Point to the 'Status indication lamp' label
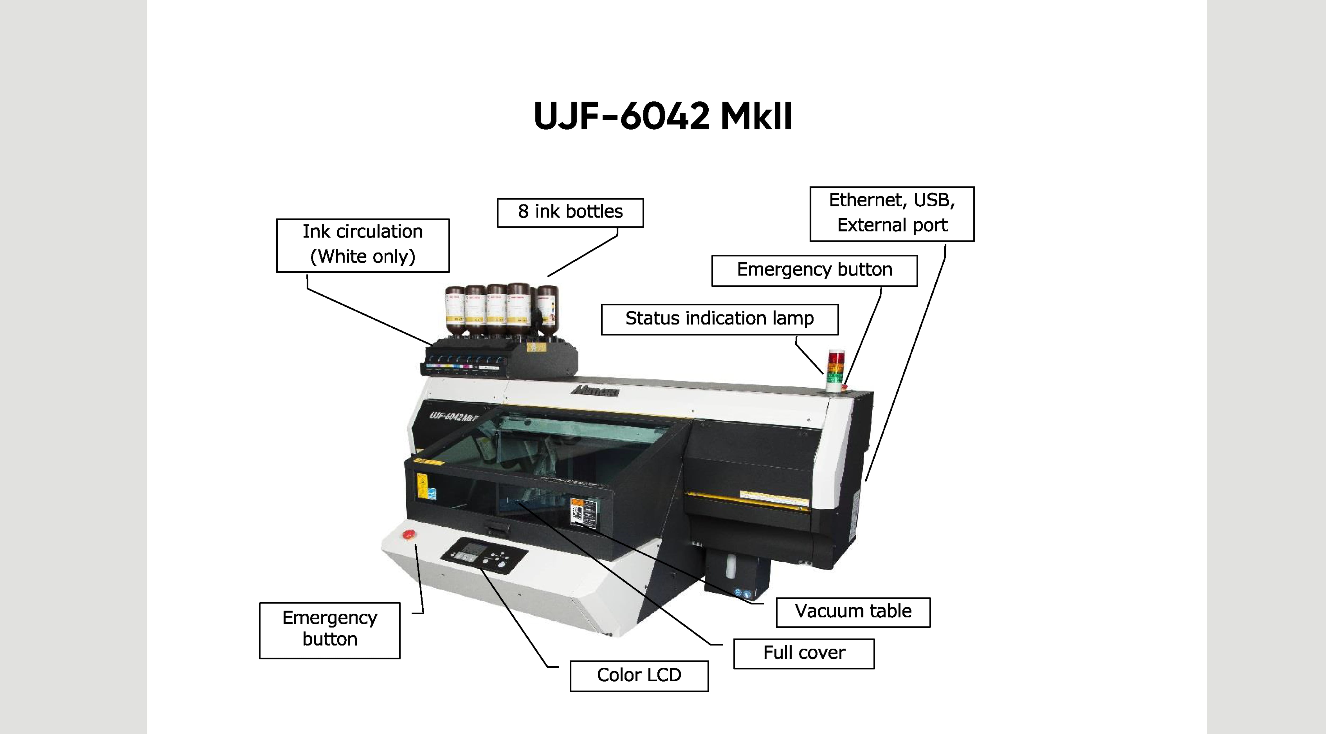[x=720, y=319]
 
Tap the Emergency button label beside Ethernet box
[x=814, y=270]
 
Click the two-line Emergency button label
[x=329, y=630]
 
